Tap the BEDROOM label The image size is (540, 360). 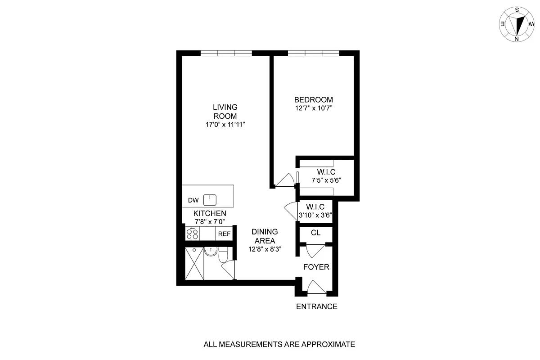coord(314,99)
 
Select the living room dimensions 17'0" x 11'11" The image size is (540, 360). coord(225,124)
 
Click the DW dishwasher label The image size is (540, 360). coord(193,200)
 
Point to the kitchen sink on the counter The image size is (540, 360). coord(210,199)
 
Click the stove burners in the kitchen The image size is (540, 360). coord(193,234)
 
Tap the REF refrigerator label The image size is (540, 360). coord(224,234)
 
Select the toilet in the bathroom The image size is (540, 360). coord(223,256)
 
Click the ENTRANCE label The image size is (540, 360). coord(317,307)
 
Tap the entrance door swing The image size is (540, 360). coord(316,287)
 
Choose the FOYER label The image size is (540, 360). coord(316,267)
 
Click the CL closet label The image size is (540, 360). coord(316,233)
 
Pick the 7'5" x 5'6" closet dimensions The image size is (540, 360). coord(326,180)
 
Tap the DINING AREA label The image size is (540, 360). coord(265,236)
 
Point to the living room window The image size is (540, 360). coord(226,53)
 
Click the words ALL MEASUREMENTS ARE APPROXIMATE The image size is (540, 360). coord(279,345)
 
